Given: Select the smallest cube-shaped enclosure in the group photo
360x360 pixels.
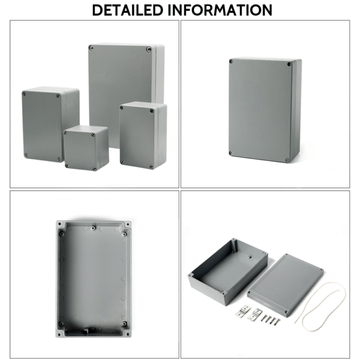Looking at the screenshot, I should pos(86,148).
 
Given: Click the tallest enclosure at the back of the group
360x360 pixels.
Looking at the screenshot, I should pos(123,77).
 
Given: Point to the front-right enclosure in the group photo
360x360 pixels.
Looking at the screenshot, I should pos(143,135).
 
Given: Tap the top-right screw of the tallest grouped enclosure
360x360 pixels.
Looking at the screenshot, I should pos(148,50).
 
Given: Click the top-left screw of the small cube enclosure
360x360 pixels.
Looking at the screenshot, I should pos(67,135).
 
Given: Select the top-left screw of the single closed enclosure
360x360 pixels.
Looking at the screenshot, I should pos(232,62).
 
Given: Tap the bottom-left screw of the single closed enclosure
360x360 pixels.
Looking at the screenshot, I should pos(231,153).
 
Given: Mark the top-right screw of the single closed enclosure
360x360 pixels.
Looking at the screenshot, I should pos(290,64).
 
